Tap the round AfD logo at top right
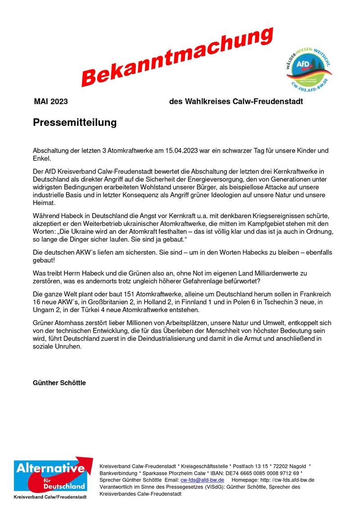tap(309, 69)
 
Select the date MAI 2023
tap(51, 102)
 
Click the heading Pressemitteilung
tap(75, 123)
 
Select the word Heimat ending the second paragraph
tap(43, 203)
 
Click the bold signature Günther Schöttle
tap(59, 383)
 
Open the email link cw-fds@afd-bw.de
tap(202, 480)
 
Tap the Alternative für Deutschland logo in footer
tap(51, 474)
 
